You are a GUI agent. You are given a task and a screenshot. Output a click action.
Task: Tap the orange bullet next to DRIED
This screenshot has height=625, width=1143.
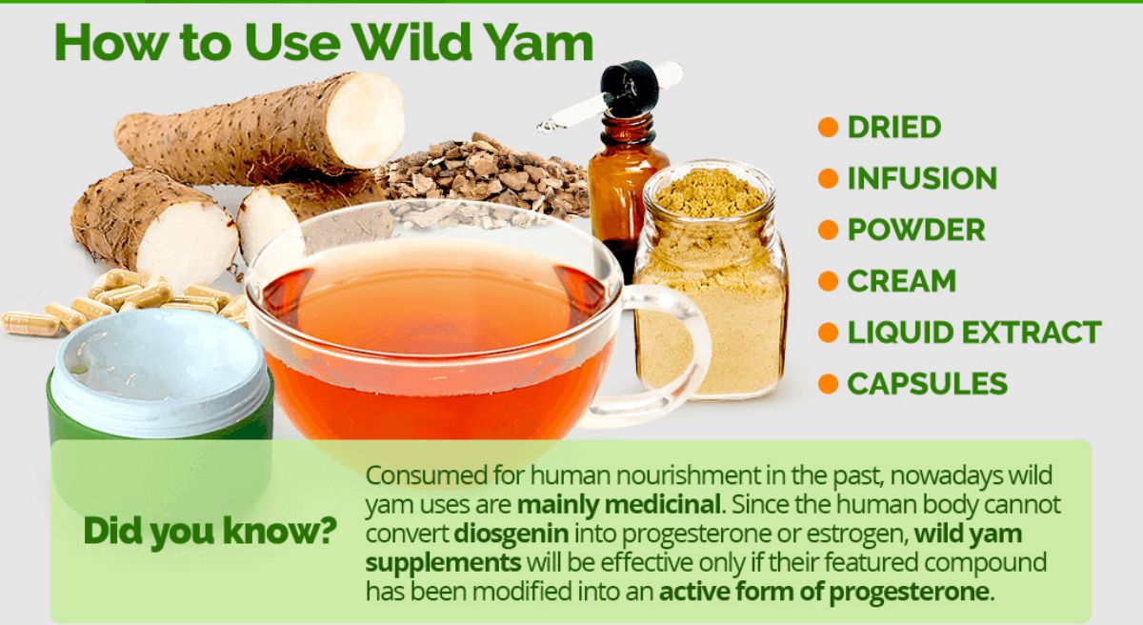828,127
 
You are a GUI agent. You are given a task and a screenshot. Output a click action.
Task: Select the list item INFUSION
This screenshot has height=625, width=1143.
922,178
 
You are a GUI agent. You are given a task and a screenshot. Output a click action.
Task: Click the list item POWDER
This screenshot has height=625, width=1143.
916,230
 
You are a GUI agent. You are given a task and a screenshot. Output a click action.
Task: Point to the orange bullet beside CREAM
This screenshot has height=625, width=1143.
828,281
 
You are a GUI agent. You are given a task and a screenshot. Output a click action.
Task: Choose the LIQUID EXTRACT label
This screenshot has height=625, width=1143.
974,333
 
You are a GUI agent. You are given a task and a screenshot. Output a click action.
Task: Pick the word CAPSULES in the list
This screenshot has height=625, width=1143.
927,384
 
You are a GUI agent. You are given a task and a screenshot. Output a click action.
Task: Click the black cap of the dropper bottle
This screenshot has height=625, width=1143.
629,88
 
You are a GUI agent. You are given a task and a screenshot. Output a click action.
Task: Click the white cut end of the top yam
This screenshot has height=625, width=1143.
365,120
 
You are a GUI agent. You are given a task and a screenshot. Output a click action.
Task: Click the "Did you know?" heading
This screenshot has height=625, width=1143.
210,532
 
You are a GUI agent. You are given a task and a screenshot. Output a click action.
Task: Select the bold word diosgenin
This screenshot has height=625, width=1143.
511,534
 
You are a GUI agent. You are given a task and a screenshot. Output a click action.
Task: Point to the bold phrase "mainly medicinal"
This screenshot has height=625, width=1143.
619,505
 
